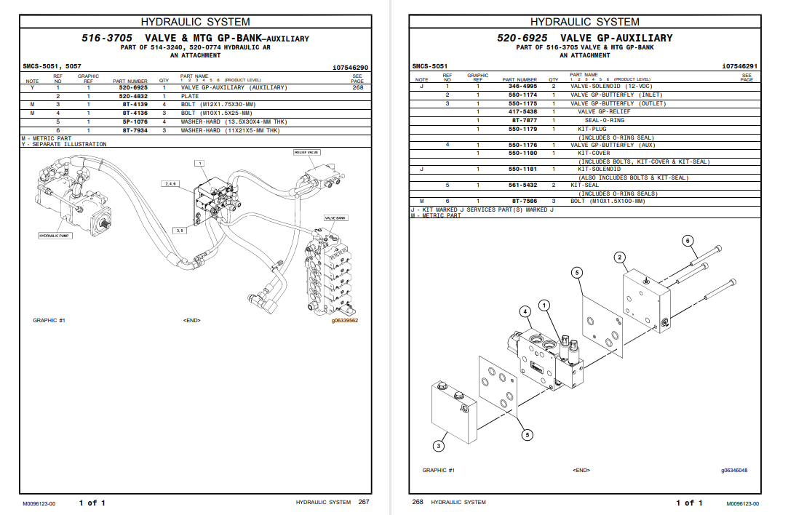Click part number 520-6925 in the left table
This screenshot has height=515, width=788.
click(133, 87)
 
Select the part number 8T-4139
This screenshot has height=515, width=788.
click(135, 105)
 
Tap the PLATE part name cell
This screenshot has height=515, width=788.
click(189, 96)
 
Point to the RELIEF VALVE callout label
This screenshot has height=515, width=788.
click(307, 153)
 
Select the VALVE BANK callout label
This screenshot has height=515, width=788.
click(335, 218)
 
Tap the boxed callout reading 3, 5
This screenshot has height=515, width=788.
click(180, 230)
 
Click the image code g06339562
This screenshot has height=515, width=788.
click(345, 320)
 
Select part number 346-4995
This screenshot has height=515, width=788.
click(522, 87)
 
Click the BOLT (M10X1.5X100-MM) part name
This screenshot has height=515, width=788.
click(608, 201)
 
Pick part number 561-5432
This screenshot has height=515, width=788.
click(522, 185)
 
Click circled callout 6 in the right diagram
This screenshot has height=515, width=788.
click(688, 241)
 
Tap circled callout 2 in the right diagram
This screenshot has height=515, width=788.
click(619, 257)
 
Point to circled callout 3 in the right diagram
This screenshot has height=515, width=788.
click(439, 446)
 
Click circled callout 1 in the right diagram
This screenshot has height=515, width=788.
click(544, 306)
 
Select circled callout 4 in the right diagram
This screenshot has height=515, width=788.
click(525, 311)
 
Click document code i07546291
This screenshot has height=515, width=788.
click(739, 67)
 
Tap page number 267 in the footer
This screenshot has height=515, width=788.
click(364, 503)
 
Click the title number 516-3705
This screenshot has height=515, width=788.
click(106, 38)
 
